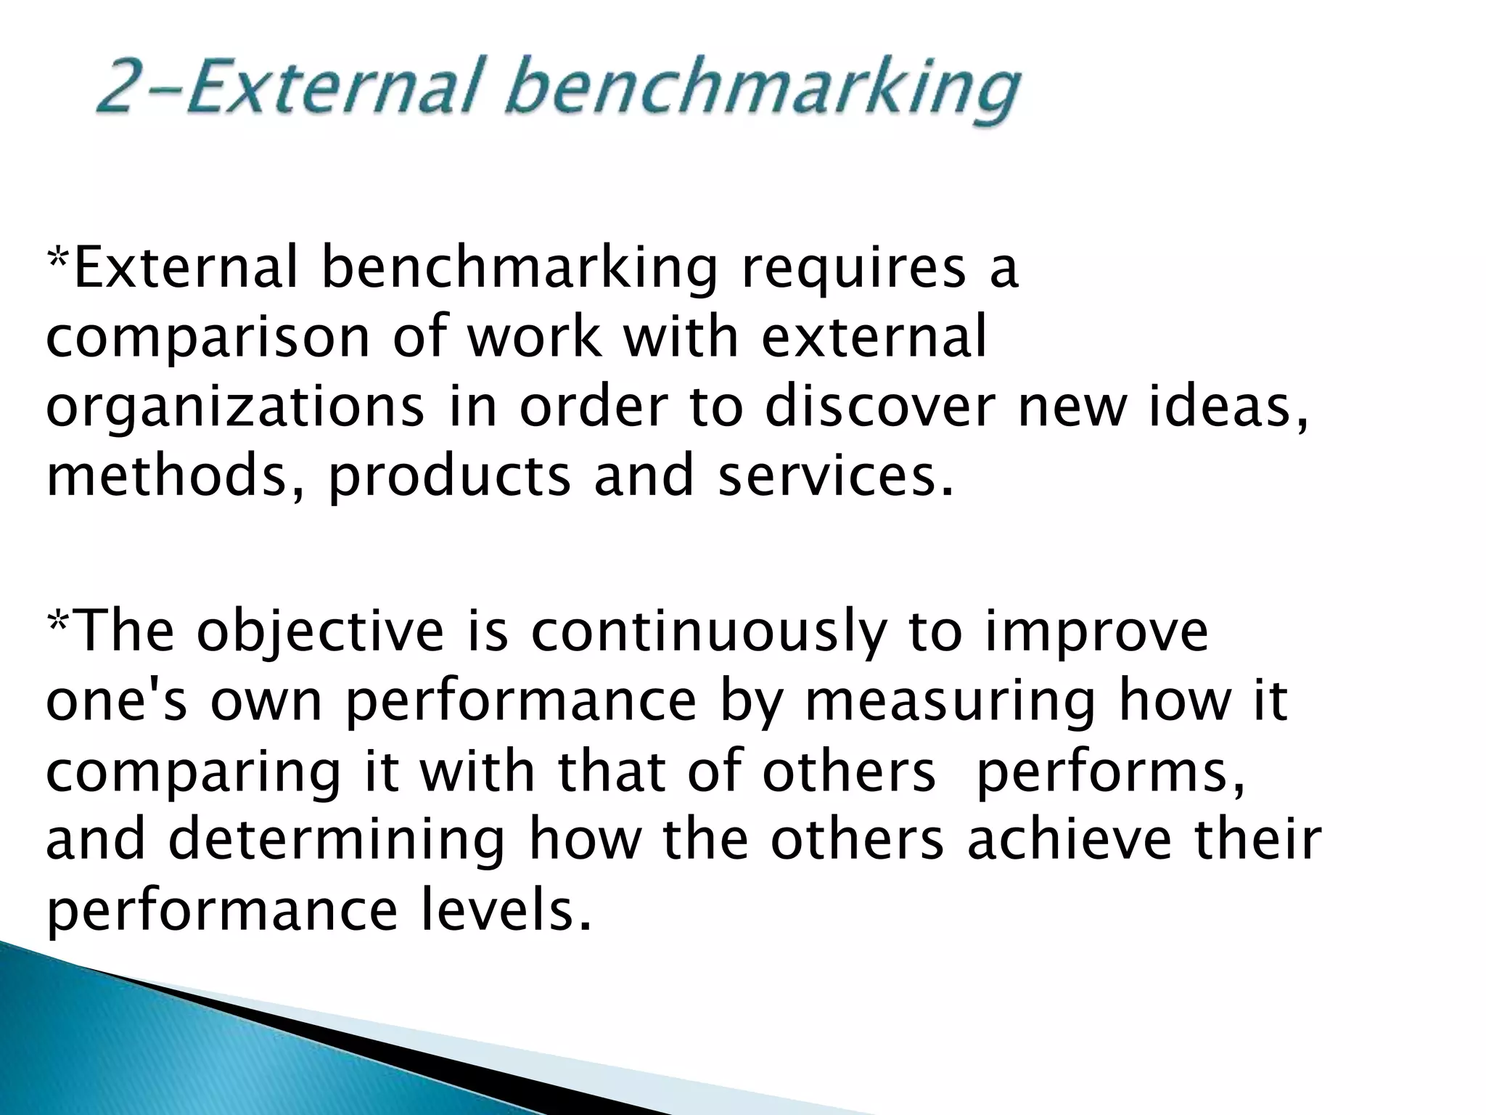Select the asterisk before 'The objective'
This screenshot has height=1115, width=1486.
pos(57,621)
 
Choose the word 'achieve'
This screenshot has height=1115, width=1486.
pos(1070,839)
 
